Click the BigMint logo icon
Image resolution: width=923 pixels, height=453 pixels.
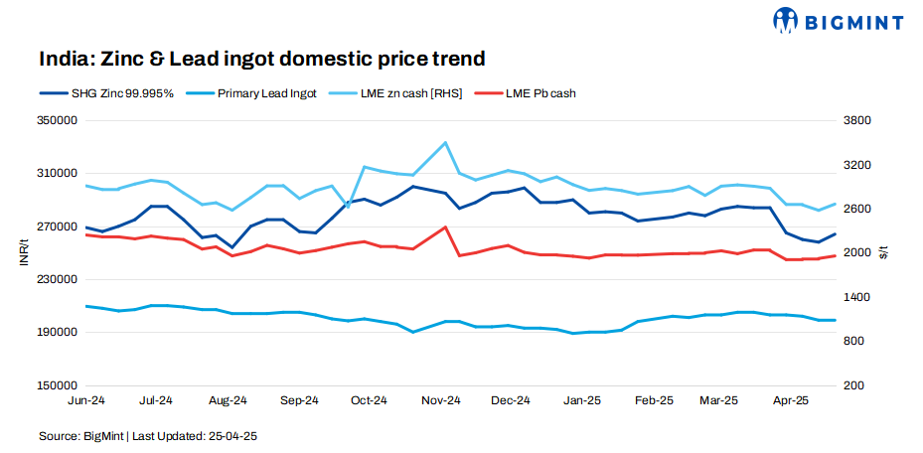[x=787, y=19]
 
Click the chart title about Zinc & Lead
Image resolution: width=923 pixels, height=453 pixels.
[x=262, y=59]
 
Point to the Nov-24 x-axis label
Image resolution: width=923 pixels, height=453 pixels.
[x=440, y=401]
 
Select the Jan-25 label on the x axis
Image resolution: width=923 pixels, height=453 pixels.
[x=581, y=401]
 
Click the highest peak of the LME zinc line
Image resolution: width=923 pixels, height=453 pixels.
[x=445, y=142]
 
